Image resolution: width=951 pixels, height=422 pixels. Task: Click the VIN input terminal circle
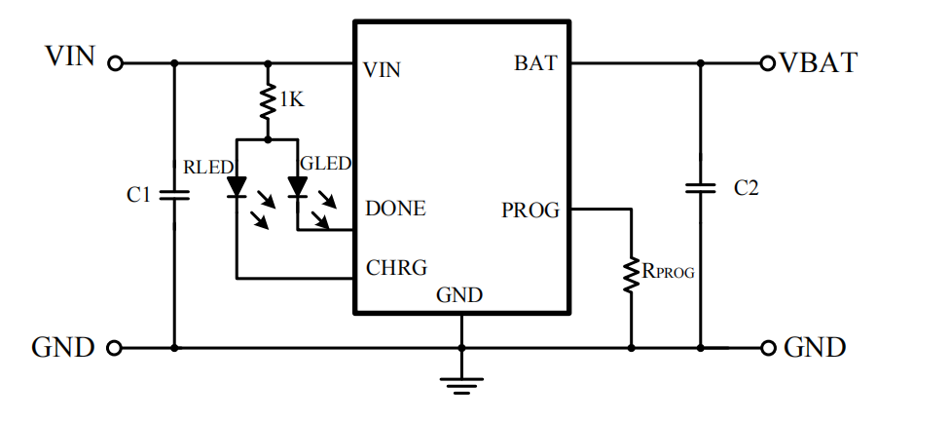tap(115, 62)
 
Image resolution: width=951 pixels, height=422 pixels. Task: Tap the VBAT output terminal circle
tap(768, 62)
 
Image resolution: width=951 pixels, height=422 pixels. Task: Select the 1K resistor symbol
tap(268, 102)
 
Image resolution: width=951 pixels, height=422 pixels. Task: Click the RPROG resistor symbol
tap(632, 276)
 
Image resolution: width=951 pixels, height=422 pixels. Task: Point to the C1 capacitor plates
tap(174, 195)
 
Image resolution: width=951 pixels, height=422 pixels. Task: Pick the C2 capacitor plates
tap(701, 188)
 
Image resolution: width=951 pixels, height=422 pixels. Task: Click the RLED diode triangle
tap(237, 186)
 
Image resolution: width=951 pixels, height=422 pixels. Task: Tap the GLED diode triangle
tap(297, 186)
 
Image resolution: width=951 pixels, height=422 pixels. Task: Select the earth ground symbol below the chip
tap(461, 386)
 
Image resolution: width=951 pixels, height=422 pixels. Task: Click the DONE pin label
tap(395, 209)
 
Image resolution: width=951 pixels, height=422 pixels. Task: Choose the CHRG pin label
tap(396, 267)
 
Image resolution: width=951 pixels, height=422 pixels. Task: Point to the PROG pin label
tap(530, 211)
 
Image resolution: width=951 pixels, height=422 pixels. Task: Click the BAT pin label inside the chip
tap(535, 62)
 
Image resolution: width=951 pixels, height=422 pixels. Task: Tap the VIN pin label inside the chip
tap(383, 70)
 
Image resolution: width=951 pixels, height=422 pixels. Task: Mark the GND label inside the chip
tap(459, 295)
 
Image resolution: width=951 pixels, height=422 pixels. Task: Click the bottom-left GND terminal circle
tap(114, 348)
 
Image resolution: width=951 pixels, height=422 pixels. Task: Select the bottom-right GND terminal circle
tap(768, 348)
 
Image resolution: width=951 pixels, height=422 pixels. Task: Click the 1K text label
tap(291, 99)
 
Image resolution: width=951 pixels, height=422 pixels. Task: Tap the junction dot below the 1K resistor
tap(268, 139)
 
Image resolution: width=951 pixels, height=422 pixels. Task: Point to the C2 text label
tap(746, 188)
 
